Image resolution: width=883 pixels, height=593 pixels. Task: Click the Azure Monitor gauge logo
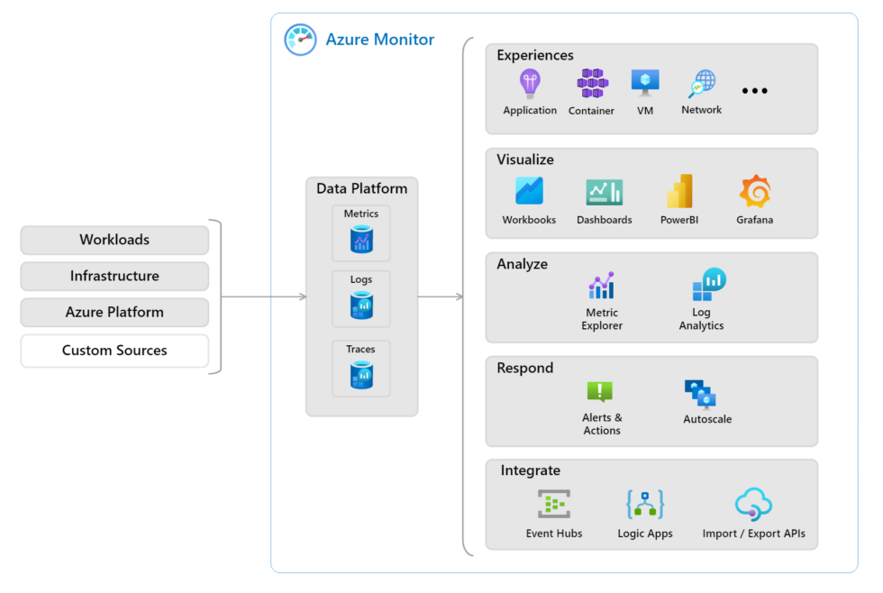pos(300,40)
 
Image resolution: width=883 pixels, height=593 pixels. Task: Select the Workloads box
pos(114,240)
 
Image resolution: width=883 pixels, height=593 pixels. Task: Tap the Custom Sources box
pos(114,351)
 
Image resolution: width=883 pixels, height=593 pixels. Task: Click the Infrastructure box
pos(114,277)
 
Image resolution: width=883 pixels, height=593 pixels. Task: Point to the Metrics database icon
pos(361,240)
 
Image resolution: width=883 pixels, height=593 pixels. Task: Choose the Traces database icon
pos(361,375)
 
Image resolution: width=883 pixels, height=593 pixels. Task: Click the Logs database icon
pos(361,306)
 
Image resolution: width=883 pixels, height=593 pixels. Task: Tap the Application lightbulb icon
pos(530,84)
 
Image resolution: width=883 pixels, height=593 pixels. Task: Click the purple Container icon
pos(592,84)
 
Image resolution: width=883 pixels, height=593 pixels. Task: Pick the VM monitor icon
pos(645,84)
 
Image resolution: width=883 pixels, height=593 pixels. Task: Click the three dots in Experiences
pos(754,91)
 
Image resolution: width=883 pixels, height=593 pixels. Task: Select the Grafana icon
pos(754,191)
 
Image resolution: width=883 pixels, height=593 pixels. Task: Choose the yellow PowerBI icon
pos(679,191)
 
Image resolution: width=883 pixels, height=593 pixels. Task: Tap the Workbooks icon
pos(529,191)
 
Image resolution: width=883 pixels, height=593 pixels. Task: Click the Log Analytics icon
pos(709,285)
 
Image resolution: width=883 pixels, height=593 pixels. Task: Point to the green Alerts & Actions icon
pos(600,392)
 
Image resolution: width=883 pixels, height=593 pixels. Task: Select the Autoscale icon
pos(700,394)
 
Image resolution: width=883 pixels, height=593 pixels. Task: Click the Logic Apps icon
pos(645,505)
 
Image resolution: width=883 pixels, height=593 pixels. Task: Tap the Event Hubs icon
pos(554,505)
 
